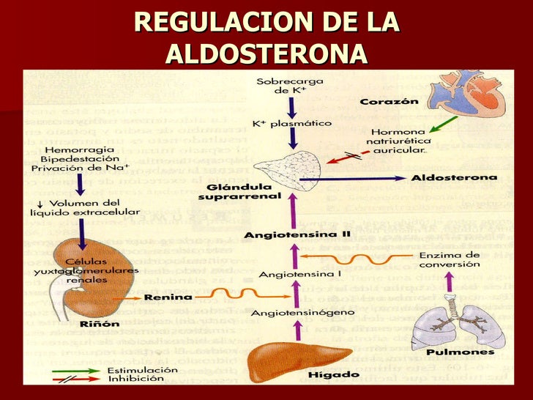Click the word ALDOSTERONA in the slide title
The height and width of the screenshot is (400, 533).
(x=266, y=53)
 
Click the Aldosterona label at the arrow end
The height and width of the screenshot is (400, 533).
(x=454, y=178)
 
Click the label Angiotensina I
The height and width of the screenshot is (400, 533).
(x=290, y=275)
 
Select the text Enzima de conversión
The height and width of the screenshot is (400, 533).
(x=451, y=259)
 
